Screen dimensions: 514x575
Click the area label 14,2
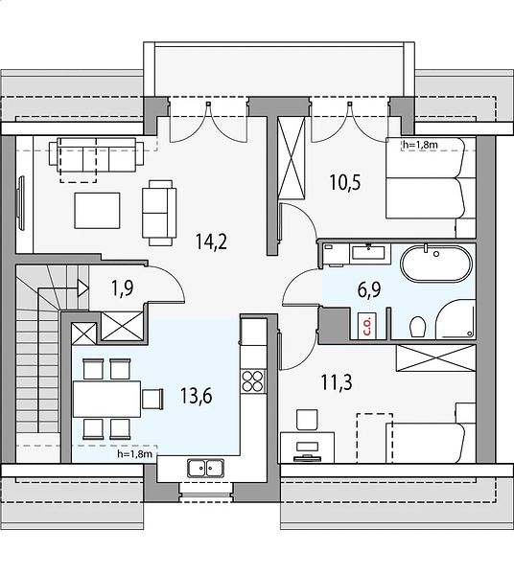[x=211, y=241]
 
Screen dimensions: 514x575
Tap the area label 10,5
[x=345, y=183]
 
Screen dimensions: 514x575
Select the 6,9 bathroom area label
[x=369, y=289]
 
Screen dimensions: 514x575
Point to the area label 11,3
[x=337, y=382]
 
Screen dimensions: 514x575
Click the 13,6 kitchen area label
[x=197, y=397]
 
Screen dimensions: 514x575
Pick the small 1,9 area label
[x=123, y=287]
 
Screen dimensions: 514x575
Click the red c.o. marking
[x=367, y=326]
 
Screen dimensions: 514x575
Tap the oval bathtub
[x=436, y=264]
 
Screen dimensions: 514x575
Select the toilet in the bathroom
[x=418, y=327]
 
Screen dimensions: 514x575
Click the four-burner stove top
[x=253, y=381]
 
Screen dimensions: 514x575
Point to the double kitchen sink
[x=205, y=468]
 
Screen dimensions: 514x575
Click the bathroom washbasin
[x=368, y=252]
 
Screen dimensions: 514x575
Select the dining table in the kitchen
[x=106, y=399]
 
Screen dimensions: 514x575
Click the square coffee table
[x=97, y=211]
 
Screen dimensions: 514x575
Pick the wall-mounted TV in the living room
[x=21, y=203]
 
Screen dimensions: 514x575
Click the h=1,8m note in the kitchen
[x=134, y=454]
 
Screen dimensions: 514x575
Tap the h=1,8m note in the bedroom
[x=420, y=146]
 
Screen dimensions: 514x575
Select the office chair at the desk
[x=307, y=420]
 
